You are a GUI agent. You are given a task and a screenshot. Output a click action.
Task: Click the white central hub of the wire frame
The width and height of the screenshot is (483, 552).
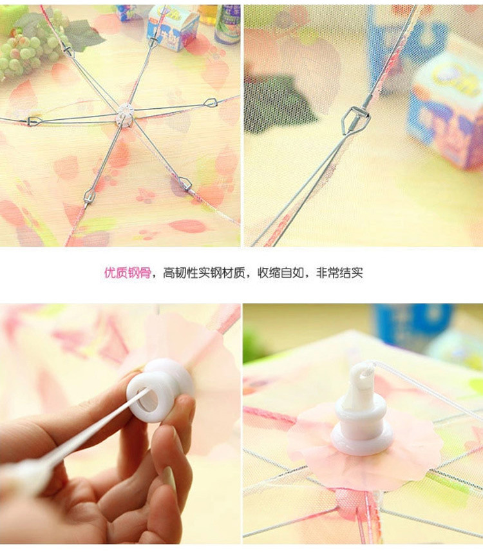click(125, 115)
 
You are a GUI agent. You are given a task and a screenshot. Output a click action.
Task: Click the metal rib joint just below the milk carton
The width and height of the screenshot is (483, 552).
click(153, 42)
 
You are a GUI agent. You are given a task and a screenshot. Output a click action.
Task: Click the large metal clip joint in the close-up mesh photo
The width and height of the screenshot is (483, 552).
click(355, 119)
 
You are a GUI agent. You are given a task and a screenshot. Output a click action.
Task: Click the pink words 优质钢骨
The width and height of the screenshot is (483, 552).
click(128, 273)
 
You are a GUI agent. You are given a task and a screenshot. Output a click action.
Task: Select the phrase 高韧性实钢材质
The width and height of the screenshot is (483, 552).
click(204, 273)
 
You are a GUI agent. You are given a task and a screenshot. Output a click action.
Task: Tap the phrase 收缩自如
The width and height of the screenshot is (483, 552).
click(281, 273)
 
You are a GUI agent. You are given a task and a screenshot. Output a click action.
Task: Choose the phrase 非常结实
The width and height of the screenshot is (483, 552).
click(339, 273)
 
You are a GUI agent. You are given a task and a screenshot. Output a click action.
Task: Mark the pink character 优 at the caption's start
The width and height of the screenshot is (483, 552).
click(110, 273)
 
